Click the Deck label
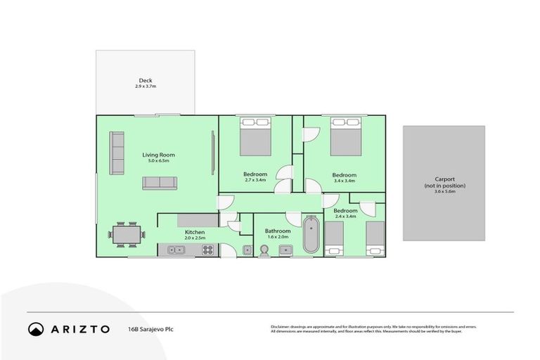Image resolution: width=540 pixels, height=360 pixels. pyautogui.click(x=146, y=81)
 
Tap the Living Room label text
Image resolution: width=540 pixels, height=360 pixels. pyautogui.click(x=158, y=155)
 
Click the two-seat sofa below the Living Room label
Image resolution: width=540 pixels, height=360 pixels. pyautogui.click(x=160, y=183)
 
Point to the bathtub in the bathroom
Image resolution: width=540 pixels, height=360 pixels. pyautogui.click(x=311, y=236)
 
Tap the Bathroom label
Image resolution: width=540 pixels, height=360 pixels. pyautogui.click(x=278, y=231)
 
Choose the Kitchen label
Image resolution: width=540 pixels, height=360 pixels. pyautogui.click(x=195, y=232)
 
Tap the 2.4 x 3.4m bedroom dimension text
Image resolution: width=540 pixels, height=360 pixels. pyautogui.click(x=345, y=217)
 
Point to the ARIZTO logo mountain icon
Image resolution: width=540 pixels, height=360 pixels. pyautogui.click(x=36, y=328)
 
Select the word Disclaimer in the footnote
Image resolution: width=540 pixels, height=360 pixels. pyautogui.click(x=281, y=326)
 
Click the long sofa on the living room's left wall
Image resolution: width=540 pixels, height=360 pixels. pyautogui.click(x=116, y=154)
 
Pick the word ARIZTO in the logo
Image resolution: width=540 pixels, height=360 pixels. pyautogui.click(x=79, y=328)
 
